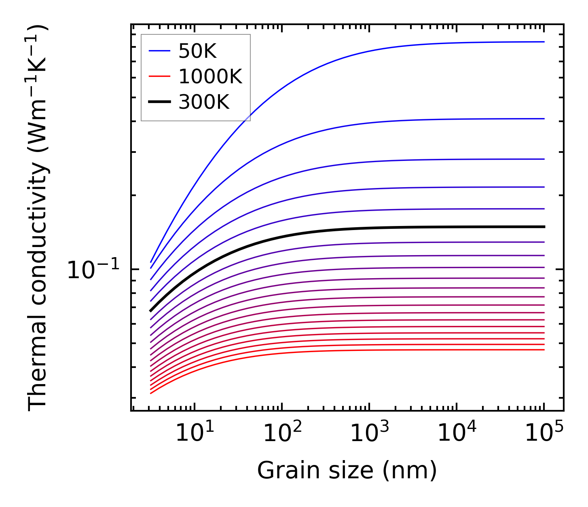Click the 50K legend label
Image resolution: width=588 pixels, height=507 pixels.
tap(197, 51)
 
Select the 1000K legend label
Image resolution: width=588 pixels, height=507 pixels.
tap(210, 76)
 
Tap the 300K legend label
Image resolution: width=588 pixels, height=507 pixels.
tap(204, 102)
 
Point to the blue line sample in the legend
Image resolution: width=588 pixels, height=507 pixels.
tap(159, 51)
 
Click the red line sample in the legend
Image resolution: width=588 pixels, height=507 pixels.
tap(159, 76)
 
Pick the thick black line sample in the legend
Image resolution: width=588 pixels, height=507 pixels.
tap(159, 102)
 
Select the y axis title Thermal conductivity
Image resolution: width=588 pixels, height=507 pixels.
tap(38, 218)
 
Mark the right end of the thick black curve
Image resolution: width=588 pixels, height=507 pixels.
tap(544, 227)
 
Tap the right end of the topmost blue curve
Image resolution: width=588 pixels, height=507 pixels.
tap(544, 42)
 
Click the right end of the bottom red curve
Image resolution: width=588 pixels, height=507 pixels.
tap(544, 350)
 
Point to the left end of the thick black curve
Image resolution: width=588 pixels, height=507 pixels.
tap(150, 311)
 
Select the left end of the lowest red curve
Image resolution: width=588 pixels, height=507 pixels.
tap(150, 393)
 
